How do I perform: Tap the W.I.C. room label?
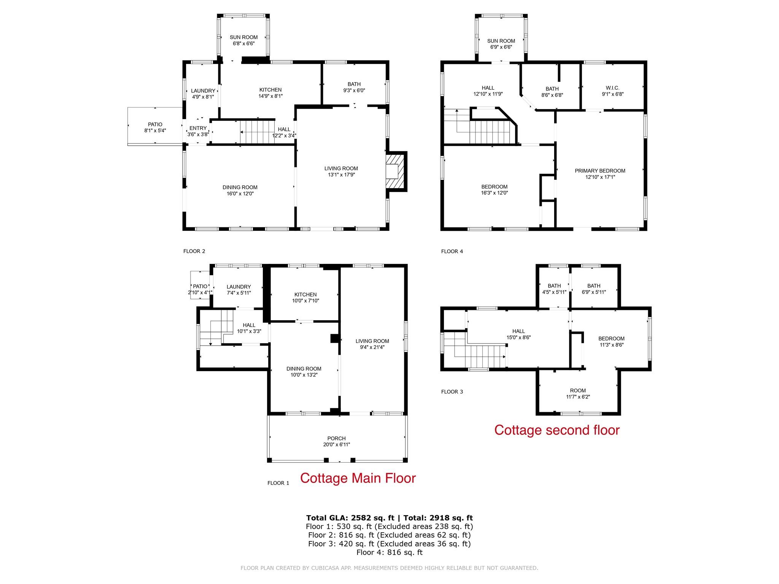click(612, 91)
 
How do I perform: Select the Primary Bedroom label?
click(600, 174)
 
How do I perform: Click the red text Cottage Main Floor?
click(358, 478)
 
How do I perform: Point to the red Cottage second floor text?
click(557, 430)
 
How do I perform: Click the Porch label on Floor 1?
click(336, 441)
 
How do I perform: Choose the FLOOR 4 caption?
click(452, 251)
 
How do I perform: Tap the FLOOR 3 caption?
click(452, 392)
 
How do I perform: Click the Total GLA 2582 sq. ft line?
click(389, 518)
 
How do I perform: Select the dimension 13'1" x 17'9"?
click(341, 175)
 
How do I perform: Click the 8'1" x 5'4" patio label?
click(155, 130)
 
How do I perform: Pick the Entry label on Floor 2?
click(198, 131)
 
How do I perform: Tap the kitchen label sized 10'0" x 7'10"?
click(305, 298)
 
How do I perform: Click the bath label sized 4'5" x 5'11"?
click(554, 289)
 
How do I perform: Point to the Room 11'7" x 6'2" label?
click(578, 394)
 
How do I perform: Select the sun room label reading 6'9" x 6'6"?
click(501, 44)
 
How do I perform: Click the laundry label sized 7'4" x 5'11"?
click(238, 290)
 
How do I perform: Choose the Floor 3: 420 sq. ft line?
click(389, 544)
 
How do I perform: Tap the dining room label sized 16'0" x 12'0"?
click(240, 190)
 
